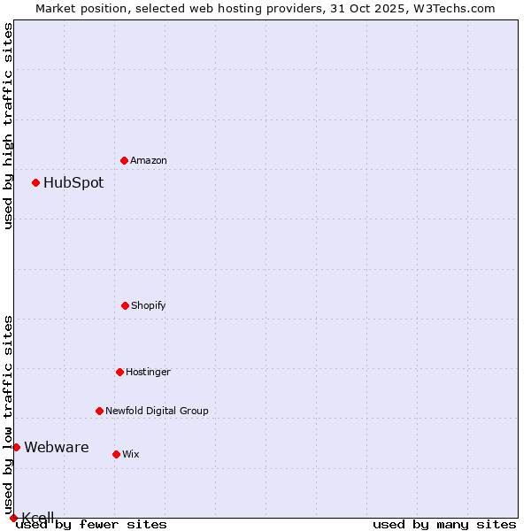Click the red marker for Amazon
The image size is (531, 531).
coord(124,160)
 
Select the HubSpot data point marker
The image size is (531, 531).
coord(35,182)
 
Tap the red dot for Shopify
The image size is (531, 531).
coord(125,305)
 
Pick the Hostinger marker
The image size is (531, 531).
coord(119,372)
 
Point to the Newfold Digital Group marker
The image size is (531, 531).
coord(99,411)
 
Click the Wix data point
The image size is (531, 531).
coord(116,454)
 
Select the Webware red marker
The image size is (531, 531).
coord(16,447)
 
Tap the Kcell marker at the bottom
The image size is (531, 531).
coord(13,518)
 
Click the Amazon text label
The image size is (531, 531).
coord(149,160)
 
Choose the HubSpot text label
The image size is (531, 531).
coord(73,183)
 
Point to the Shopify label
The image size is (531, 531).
coord(149,305)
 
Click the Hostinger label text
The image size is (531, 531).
coord(148,372)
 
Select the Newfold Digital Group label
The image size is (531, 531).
coord(157,411)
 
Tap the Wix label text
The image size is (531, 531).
coord(131,454)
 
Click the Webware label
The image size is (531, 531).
coord(57,448)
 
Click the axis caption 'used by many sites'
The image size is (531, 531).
coord(444,524)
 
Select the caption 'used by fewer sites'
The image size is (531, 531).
coord(92,524)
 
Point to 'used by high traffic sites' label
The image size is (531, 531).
coord(8,126)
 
